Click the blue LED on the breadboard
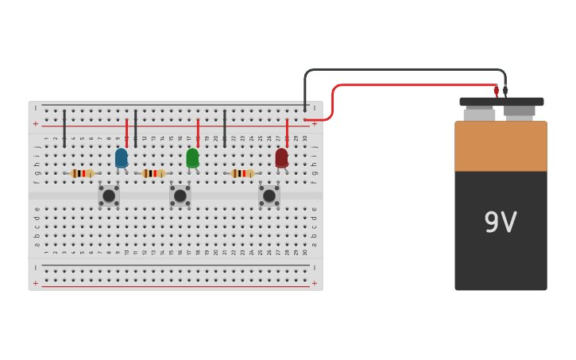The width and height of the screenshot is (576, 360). (121, 158)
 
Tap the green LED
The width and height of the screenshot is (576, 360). (192, 158)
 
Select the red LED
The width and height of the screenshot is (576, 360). (281, 158)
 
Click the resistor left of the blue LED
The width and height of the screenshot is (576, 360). (82, 173)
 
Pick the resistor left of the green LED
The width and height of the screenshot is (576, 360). (153, 173)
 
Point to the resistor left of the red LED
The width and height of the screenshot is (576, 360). (242, 173)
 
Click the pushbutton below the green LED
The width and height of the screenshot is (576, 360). (180, 195)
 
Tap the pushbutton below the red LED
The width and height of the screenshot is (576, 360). (269, 195)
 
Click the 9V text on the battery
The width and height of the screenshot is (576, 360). (501, 223)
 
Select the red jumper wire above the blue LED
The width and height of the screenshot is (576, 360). (126, 131)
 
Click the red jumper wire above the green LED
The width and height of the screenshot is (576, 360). (198, 131)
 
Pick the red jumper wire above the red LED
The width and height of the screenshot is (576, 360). (287, 131)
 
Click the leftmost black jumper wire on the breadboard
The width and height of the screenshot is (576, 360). (64, 129)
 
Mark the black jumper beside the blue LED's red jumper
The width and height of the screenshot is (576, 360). (136, 129)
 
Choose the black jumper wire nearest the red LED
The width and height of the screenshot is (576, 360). (225, 129)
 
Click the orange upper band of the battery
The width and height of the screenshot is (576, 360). (501, 146)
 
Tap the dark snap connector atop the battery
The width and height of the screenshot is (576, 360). (501, 102)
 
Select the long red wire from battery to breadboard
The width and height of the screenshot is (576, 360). (413, 84)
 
